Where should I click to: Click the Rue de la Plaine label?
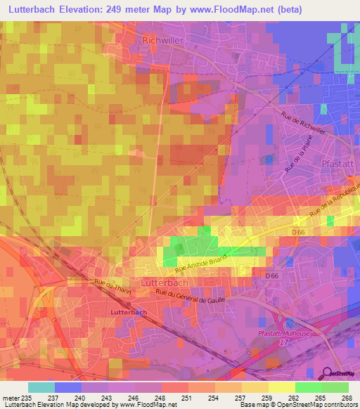(x=293, y=159)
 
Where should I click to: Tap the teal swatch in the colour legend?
(x=41, y=387)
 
